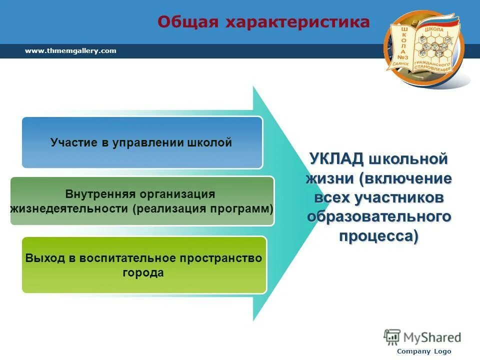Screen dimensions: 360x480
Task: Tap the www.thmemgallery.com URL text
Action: tap(70, 50)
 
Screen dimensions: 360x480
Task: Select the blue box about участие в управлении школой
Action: tap(142, 142)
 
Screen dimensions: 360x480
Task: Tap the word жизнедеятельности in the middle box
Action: tap(69, 208)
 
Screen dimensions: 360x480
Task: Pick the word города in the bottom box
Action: tap(143, 273)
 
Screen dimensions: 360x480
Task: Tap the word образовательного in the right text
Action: tap(379, 216)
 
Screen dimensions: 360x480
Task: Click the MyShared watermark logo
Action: tap(422, 336)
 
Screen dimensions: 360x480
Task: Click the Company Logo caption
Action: tap(424, 351)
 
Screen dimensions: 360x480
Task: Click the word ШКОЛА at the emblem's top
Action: tap(434, 30)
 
